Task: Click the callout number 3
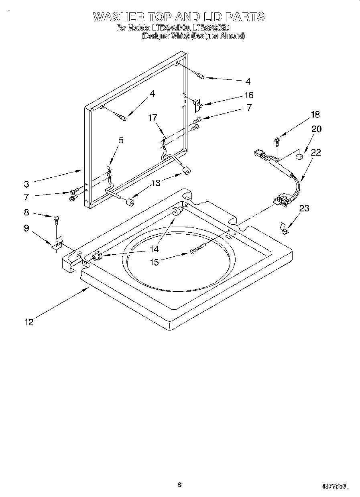26,185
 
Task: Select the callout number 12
28,321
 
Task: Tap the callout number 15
154,262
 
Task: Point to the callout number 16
249,95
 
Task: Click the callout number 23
304,208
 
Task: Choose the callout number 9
26,228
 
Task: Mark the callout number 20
316,129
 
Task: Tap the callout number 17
152,118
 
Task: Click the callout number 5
121,140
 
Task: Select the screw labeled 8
57,219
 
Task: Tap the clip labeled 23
284,229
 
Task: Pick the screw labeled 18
277,140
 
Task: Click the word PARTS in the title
244,17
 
